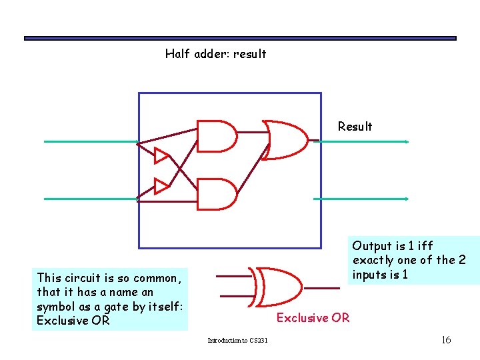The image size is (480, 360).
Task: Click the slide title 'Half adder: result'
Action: [x=215, y=54]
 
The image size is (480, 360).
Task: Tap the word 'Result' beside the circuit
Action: [x=355, y=127]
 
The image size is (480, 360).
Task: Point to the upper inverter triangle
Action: [x=161, y=156]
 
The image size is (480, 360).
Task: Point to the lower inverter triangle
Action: [x=161, y=186]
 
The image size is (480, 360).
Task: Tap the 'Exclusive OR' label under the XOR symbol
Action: [x=313, y=318]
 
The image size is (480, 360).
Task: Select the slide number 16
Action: [x=446, y=340]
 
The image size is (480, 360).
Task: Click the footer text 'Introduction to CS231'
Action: [x=237, y=341]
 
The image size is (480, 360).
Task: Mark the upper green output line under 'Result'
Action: [x=363, y=141]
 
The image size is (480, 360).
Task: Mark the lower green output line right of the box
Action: [x=363, y=199]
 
